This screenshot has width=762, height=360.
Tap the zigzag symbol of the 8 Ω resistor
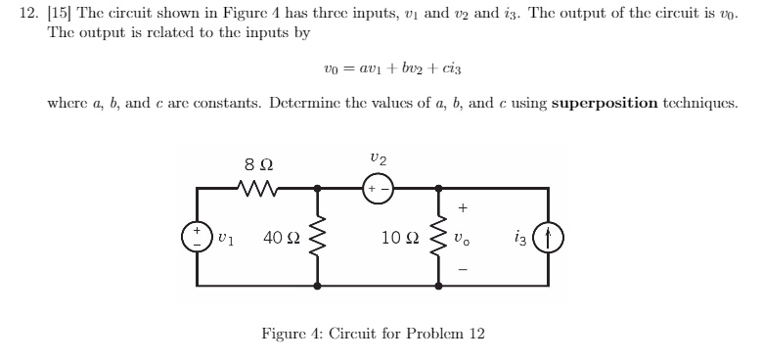tap(255, 183)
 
